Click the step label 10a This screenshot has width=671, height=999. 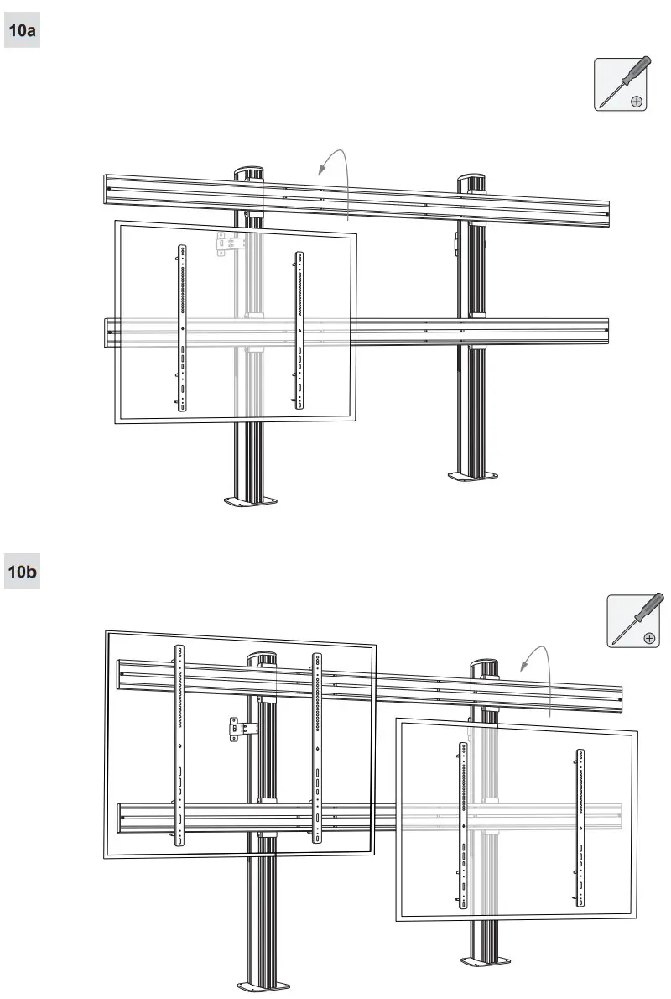pyautogui.click(x=22, y=31)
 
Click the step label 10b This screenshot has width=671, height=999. pyautogui.click(x=22, y=573)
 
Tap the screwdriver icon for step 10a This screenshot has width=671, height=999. pyautogui.click(x=621, y=84)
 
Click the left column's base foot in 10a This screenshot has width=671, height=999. pyautogui.click(x=249, y=503)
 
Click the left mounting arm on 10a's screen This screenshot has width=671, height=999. pyautogui.click(x=181, y=327)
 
